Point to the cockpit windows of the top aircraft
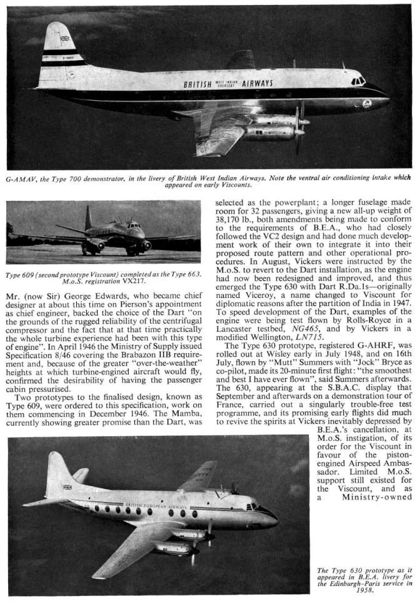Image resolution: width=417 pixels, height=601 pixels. point(358,81)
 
